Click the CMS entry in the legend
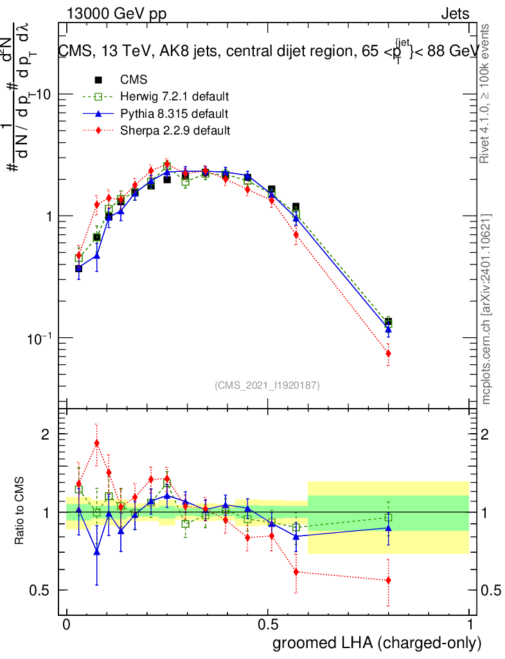tap(134, 80)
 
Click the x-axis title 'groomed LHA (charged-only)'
tap(377, 642)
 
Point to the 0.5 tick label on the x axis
tap(268, 625)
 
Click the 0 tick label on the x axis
tap(67, 625)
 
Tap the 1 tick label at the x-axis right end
tap(469, 625)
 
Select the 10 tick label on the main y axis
tap(43, 94)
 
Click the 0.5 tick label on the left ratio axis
tap(42, 590)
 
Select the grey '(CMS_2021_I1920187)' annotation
tap(267, 385)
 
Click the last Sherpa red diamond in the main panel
tap(388, 353)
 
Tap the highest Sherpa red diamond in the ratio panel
tap(97, 443)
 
